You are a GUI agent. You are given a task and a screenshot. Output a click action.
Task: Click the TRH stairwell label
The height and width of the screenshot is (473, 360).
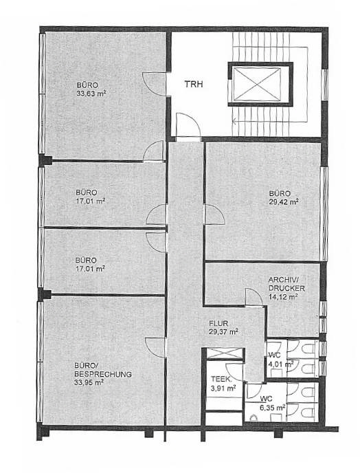click(194, 84)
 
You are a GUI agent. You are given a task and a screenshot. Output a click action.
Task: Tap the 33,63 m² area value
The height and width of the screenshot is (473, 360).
click(92, 93)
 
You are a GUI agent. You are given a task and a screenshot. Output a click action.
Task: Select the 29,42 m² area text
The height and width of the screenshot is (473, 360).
click(284, 201)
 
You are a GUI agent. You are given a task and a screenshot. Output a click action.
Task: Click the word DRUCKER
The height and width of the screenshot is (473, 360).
click(286, 288)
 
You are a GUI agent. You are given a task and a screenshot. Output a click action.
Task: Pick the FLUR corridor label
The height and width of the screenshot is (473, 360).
click(218, 323)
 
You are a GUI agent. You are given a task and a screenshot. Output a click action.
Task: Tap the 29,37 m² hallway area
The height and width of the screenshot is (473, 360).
click(223, 331)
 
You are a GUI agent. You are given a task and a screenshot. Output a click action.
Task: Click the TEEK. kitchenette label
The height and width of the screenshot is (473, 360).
click(222, 379)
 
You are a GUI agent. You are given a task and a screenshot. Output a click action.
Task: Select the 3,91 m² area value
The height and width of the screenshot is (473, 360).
click(223, 388)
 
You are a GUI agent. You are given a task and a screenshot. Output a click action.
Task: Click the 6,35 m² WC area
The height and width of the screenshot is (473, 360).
click(273, 408)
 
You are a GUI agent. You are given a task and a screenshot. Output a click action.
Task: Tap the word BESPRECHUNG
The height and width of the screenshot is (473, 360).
click(103, 374)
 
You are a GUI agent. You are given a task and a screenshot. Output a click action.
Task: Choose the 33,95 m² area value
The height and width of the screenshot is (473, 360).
click(89, 382)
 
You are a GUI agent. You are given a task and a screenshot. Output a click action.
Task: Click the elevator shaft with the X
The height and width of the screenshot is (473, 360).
click(260, 84)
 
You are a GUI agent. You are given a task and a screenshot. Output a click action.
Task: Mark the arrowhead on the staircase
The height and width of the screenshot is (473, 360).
click(234, 122)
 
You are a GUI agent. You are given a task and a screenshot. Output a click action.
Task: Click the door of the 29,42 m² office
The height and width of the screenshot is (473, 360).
click(214, 214)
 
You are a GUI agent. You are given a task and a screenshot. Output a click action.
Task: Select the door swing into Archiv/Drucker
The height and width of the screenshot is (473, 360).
click(254, 297)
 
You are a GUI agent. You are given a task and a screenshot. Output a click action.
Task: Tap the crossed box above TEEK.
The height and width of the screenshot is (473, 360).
click(225, 353)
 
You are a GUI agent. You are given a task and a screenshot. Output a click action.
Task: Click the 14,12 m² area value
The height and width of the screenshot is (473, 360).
click(283, 296)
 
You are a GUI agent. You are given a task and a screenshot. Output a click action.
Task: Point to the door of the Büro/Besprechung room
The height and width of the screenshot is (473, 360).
click(155, 347)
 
